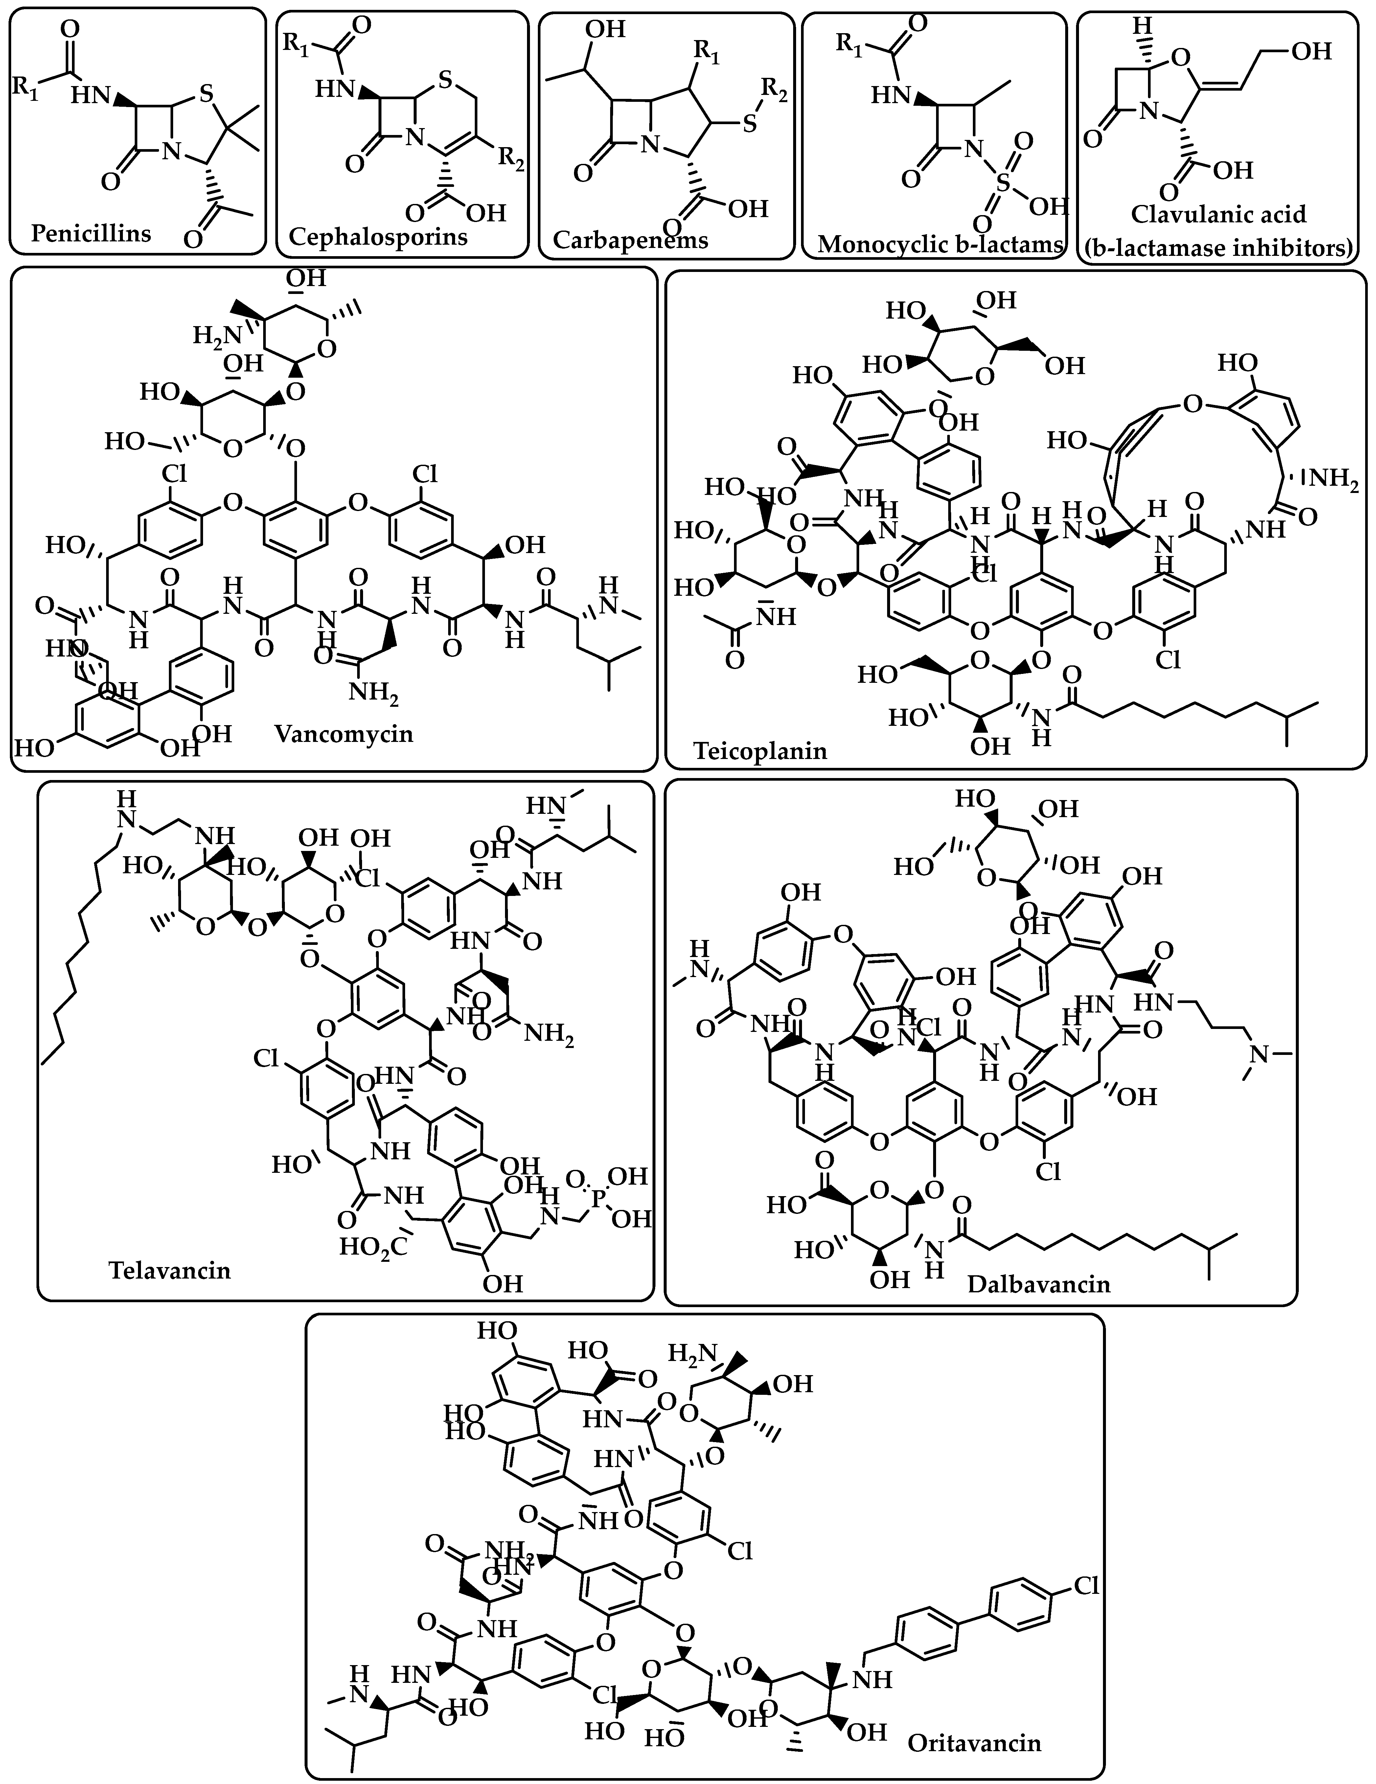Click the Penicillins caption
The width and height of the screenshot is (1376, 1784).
click(91, 234)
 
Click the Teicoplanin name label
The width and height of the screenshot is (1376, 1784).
click(760, 750)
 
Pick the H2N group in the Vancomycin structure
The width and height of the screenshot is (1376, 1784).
click(212, 335)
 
